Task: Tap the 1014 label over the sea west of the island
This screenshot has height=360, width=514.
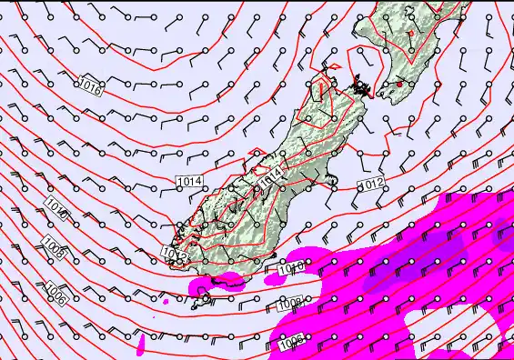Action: pyautogui.click(x=189, y=182)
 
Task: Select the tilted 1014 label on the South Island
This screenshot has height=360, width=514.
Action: pyautogui.click(x=272, y=175)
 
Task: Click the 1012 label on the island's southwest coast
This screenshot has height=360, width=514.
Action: pyautogui.click(x=175, y=252)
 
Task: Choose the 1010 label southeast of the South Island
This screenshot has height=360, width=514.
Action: pyautogui.click(x=291, y=268)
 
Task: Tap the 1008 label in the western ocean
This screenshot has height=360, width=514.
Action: pyautogui.click(x=54, y=247)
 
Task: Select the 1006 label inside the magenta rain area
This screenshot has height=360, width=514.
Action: pyautogui.click(x=291, y=342)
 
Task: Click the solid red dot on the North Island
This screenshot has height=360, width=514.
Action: pyautogui.click(x=398, y=84)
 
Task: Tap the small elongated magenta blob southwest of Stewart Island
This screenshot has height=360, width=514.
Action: pyautogui.click(x=143, y=343)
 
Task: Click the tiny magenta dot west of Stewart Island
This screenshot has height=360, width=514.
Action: pyautogui.click(x=166, y=301)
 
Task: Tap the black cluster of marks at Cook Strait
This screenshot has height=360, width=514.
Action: pyautogui.click(x=362, y=88)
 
